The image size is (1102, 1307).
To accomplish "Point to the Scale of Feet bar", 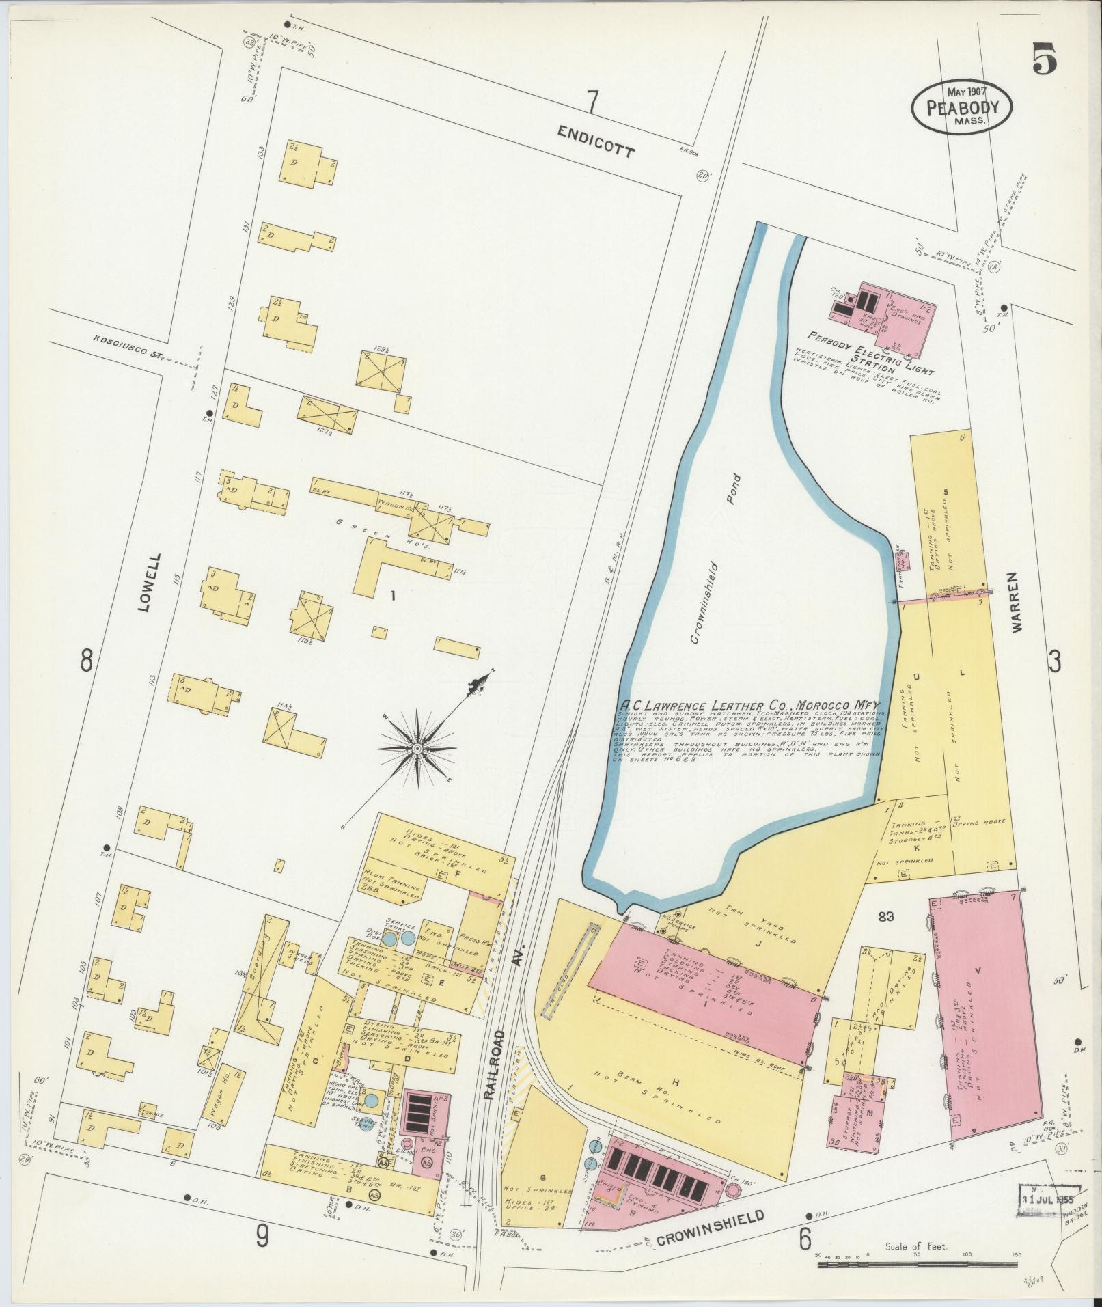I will point(916,1265).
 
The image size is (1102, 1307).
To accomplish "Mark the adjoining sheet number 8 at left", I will point(87,660).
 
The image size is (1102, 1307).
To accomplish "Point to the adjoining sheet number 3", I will point(1056,661).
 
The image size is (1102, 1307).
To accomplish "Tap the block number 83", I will point(886,916).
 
